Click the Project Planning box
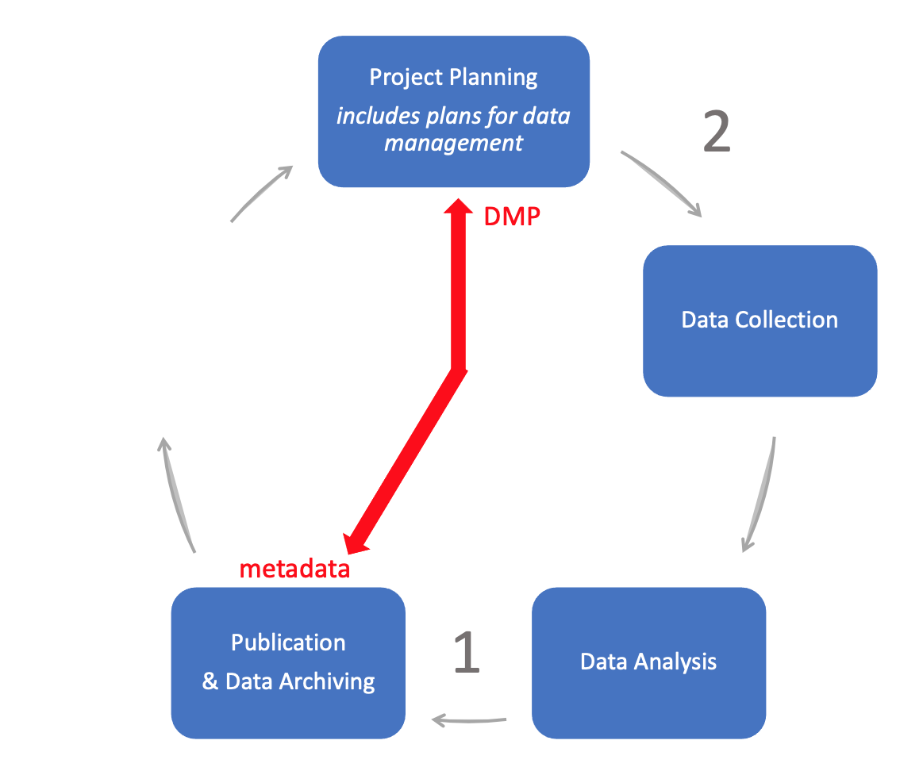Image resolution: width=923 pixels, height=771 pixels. tap(453, 111)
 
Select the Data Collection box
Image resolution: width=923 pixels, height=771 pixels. tap(760, 320)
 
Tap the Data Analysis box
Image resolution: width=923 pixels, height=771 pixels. tap(648, 662)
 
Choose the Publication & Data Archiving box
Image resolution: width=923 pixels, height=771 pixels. tap(288, 662)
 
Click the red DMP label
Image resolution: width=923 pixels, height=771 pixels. tap(512, 217)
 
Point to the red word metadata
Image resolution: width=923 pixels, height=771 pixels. tap(294, 569)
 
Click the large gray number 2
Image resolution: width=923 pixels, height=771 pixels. tap(716, 132)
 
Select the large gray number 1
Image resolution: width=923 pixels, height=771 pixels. tap(467, 652)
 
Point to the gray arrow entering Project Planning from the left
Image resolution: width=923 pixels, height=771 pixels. tap(261, 193)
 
